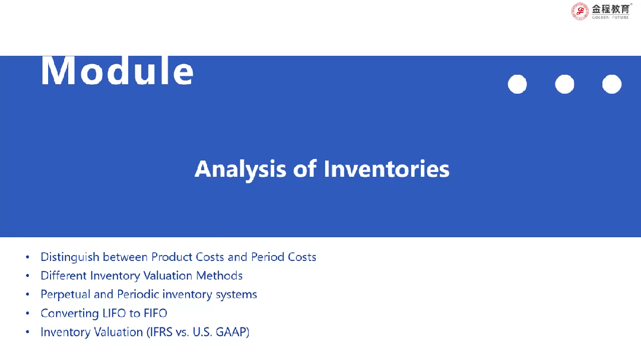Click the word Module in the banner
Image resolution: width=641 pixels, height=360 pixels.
point(117,71)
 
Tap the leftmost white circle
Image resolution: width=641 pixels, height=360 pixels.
point(517,84)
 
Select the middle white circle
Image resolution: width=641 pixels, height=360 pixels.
point(564,84)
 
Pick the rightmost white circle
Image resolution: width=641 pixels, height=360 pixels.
point(612,84)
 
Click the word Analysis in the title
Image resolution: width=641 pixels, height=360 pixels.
point(240,170)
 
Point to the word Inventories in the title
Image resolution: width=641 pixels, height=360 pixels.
point(386,169)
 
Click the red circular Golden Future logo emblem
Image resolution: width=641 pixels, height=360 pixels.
point(580,11)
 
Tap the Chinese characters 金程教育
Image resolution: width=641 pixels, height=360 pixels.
point(610,8)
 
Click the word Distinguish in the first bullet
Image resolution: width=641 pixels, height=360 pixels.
point(70,257)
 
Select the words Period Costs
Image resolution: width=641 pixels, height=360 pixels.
point(284,257)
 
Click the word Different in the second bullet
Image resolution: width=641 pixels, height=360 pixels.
point(64,276)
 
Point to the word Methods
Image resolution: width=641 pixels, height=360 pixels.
point(220,276)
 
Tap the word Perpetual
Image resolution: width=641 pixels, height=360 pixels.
point(65,295)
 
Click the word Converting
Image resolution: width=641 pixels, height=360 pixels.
point(70,314)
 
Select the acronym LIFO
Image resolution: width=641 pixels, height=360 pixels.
point(114,313)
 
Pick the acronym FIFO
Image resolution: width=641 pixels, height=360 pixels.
point(156,313)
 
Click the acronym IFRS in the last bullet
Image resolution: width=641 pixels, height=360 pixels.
point(161,332)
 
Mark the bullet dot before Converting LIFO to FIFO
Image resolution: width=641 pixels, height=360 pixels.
point(27,314)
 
